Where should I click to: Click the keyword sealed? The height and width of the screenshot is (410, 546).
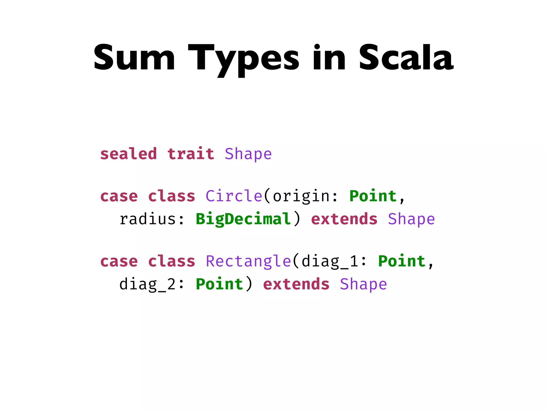click(x=129, y=154)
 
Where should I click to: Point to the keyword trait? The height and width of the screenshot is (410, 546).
click(x=191, y=154)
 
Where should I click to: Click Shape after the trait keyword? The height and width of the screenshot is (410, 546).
click(x=248, y=154)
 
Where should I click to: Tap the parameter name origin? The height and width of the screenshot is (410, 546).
click(x=301, y=196)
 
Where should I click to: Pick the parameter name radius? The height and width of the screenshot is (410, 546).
click(x=147, y=219)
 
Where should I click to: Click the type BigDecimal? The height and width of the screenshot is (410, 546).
click(x=243, y=219)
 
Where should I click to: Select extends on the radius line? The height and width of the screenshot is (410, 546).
click(x=344, y=219)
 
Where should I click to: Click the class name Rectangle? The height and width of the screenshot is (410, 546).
click(x=248, y=261)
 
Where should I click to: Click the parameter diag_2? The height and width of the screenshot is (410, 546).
click(x=147, y=284)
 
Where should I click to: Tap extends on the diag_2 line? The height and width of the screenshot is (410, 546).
click(x=296, y=284)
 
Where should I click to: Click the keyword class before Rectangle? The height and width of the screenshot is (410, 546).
click(x=171, y=261)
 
